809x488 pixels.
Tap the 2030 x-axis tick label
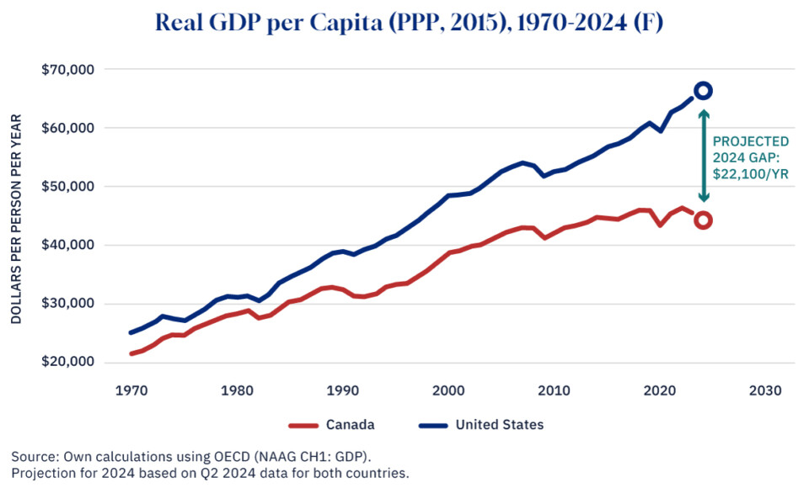764,391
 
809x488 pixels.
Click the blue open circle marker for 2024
703,90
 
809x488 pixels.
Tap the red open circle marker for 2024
703,220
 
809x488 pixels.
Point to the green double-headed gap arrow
704,156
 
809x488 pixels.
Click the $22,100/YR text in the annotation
751,174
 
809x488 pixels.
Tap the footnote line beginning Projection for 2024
210,472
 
